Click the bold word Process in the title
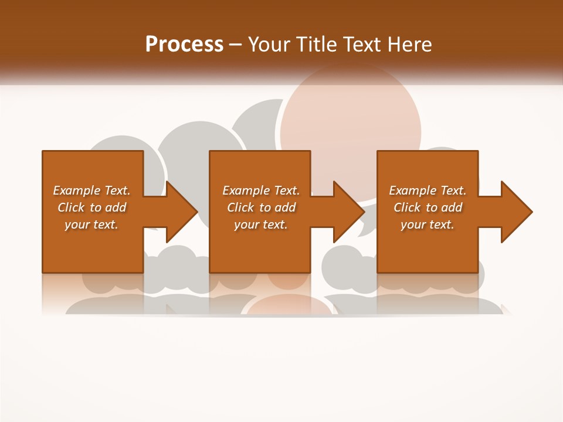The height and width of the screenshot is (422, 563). pyautogui.click(x=184, y=44)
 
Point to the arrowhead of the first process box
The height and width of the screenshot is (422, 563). pyautogui.click(x=181, y=212)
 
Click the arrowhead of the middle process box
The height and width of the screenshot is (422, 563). pyautogui.click(x=348, y=212)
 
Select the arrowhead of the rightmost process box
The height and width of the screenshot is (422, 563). pyautogui.click(x=516, y=212)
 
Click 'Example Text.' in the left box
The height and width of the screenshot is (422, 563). pyautogui.click(x=91, y=190)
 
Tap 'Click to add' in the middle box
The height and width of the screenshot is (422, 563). pyautogui.click(x=261, y=207)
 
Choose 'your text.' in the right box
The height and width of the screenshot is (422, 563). pyautogui.click(x=428, y=224)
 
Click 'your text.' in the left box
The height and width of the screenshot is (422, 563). pyautogui.click(x=91, y=224)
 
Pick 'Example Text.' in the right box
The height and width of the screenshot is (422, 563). pyautogui.click(x=428, y=190)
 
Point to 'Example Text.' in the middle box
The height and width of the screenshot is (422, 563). pyautogui.click(x=261, y=190)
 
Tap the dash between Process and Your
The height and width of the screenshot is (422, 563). pyautogui.click(x=235, y=45)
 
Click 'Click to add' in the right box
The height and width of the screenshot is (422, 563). pyautogui.click(x=428, y=207)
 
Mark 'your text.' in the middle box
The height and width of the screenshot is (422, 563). pyautogui.click(x=261, y=224)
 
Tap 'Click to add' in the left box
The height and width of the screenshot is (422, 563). pyautogui.click(x=91, y=207)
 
